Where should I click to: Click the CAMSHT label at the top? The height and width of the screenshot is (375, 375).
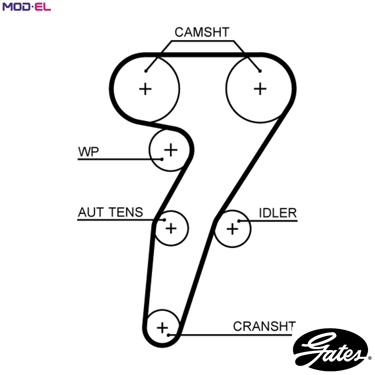tap(202, 32)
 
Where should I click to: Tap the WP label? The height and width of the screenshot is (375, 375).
tap(88, 152)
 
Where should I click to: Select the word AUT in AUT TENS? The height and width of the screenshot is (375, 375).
tap(91, 212)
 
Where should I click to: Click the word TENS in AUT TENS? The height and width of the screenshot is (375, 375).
tap(126, 212)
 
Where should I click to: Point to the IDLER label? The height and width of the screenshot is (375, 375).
tap(278, 213)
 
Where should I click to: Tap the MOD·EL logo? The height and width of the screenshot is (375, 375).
tap(27, 7)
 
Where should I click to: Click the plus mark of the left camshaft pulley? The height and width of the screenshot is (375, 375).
tap(145, 89)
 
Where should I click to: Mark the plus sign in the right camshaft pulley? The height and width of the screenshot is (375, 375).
tap(260, 89)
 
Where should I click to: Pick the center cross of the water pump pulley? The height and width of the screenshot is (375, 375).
tap(171, 150)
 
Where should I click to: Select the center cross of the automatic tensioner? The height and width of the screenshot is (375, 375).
tap(171, 228)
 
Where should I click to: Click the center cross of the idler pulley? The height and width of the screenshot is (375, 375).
tap(232, 229)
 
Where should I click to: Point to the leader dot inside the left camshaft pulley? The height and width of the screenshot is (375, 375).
tap(146, 71)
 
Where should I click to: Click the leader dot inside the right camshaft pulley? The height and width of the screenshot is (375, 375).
tap(260, 71)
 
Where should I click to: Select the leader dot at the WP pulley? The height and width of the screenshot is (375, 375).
tap(162, 159)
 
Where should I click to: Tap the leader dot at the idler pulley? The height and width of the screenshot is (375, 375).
tap(239, 221)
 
